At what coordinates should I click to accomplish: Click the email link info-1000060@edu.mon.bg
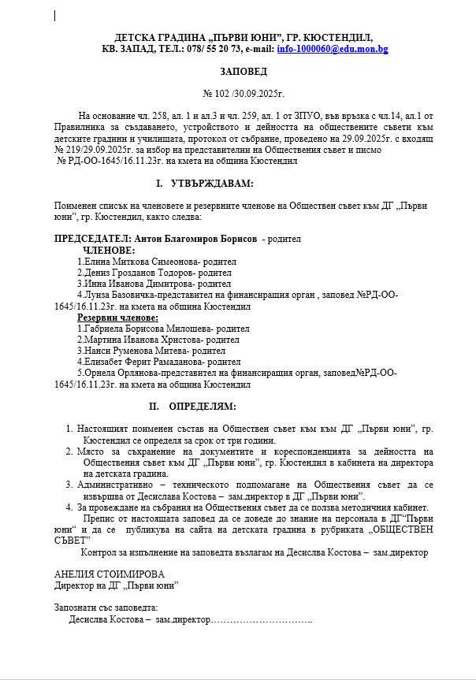[x=333, y=49]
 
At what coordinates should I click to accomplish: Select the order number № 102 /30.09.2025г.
[x=244, y=93]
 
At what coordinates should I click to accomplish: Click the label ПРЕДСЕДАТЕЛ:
[x=93, y=238]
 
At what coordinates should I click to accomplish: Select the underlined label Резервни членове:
[x=117, y=318]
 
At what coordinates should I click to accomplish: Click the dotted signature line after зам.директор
[x=263, y=620]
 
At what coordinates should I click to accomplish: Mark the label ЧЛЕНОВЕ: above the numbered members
[x=109, y=250]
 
